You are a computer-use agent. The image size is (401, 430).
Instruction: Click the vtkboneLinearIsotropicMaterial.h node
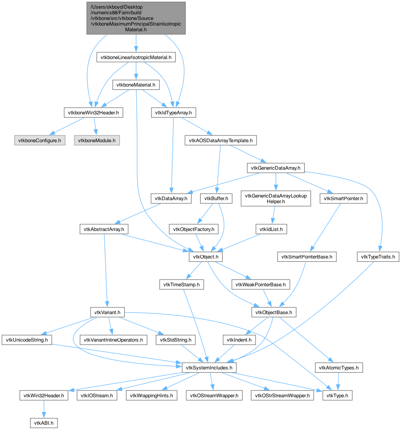[136, 57]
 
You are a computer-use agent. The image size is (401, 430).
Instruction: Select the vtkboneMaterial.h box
[136, 85]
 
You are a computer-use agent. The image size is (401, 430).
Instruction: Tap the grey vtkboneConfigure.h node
[40, 140]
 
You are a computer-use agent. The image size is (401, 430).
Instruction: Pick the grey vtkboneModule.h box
[97, 140]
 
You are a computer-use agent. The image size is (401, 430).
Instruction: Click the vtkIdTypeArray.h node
[173, 113]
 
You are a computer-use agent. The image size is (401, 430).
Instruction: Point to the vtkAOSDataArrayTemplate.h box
[221, 140]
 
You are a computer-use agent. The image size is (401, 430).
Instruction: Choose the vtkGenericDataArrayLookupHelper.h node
[276, 199]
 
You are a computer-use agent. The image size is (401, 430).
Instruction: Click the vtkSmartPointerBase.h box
[307, 257]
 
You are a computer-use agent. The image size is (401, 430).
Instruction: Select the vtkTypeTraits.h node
[378, 257]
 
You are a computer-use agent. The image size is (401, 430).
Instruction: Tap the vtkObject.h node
[206, 257]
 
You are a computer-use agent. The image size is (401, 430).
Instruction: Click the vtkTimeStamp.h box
[182, 284]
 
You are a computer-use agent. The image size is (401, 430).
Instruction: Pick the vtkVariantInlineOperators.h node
[113, 340]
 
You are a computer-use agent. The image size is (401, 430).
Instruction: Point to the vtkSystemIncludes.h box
[209, 368]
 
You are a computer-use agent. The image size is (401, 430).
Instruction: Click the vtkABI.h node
[44, 423]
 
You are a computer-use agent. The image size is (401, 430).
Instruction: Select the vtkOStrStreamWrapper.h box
[282, 395]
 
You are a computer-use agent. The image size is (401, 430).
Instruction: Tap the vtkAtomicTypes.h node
[339, 368]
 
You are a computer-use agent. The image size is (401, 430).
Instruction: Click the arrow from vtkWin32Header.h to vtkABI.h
[44, 409]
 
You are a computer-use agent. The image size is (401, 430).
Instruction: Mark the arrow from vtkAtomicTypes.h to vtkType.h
[338, 382]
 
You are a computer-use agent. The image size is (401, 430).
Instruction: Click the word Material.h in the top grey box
[136, 30]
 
